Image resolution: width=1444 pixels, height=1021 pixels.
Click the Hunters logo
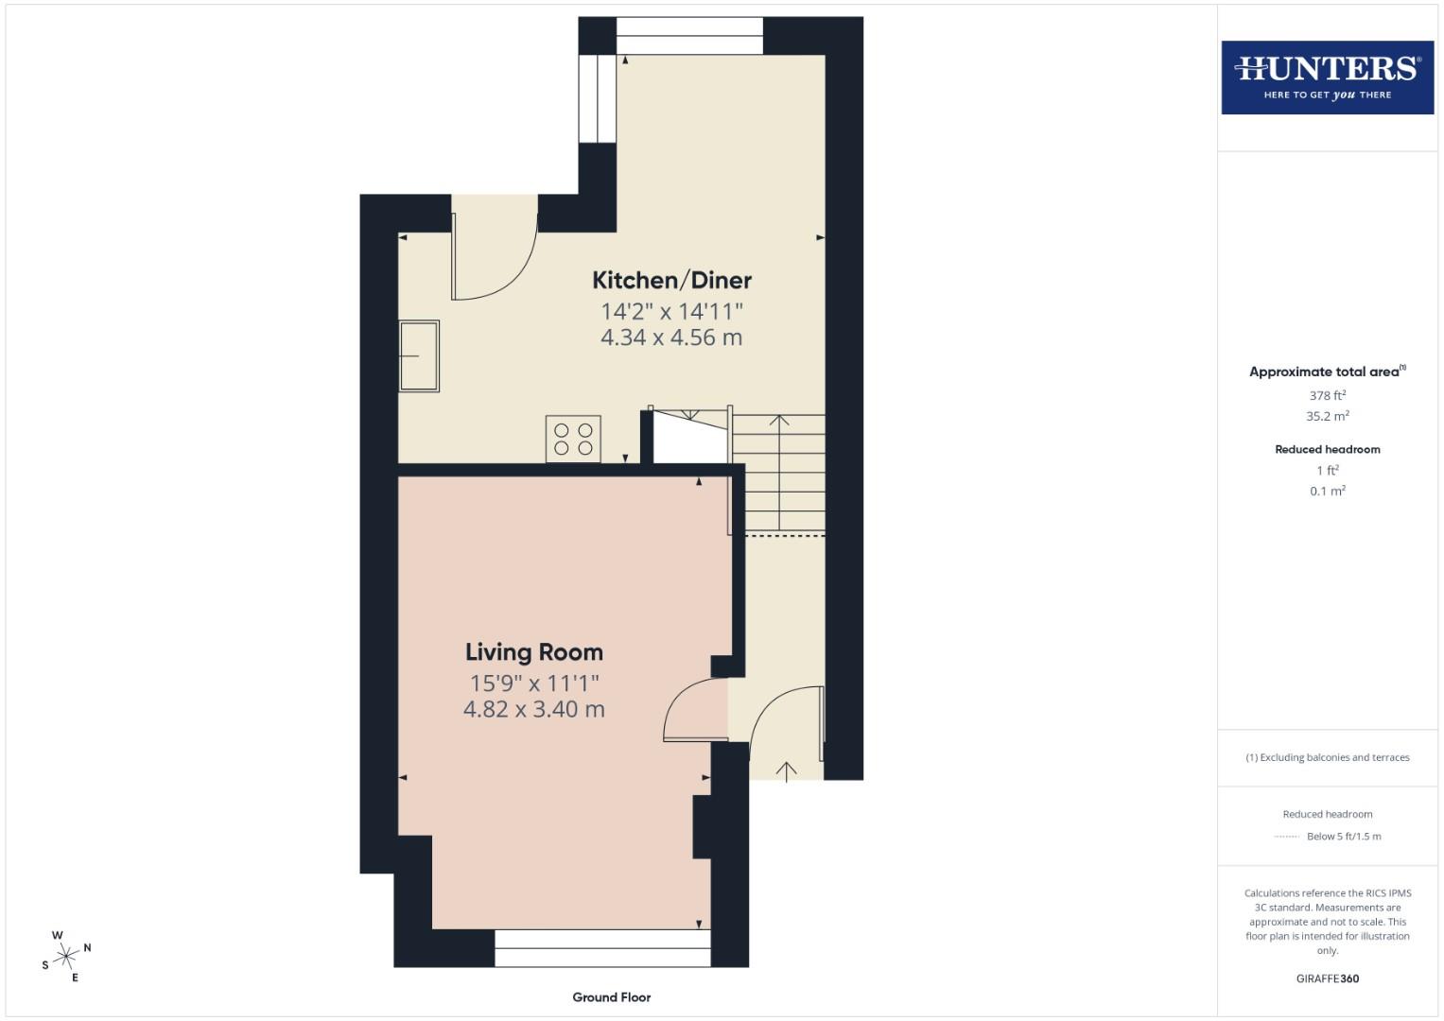[1327, 77]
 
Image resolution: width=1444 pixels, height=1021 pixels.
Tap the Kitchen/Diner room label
[671, 280]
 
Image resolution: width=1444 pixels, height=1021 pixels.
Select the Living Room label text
[533, 652]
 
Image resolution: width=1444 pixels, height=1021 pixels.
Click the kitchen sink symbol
[419, 355]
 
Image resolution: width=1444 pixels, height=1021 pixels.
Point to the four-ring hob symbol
[573, 439]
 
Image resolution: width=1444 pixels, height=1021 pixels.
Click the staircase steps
[778, 473]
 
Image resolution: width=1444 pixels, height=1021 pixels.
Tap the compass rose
[66, 957]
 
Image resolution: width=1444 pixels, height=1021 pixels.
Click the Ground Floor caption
[611, 997]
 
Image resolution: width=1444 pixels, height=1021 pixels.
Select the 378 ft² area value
[1327, 395]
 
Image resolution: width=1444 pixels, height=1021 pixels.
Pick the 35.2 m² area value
[1327, 416]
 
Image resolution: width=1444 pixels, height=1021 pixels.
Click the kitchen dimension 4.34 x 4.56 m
[671, 337]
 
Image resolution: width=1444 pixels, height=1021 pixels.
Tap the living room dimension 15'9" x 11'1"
[533, 683]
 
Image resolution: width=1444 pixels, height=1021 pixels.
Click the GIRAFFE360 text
[1327, 978]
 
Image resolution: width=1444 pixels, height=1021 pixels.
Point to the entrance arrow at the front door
[786, 770]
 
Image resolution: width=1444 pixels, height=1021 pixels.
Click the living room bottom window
[602, 948]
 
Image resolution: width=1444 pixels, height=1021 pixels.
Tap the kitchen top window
[689, 36]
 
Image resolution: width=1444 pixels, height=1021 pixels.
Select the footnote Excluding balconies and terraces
[1327, 757]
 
